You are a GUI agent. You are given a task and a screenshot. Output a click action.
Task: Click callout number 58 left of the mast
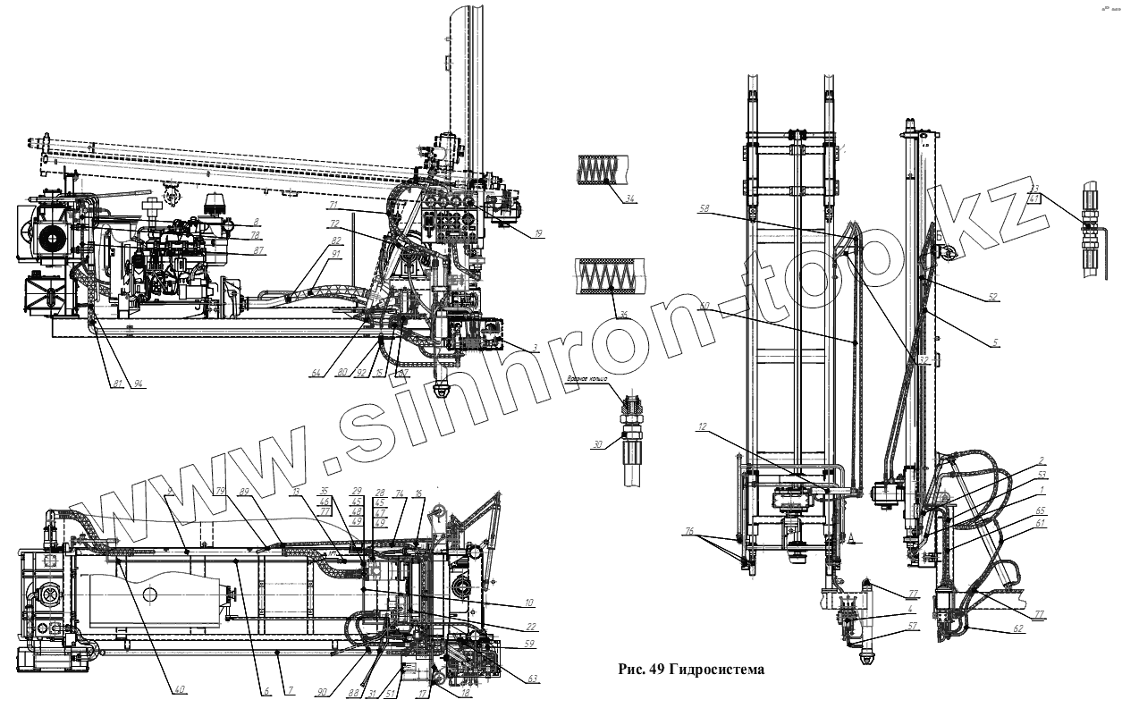(706, 211)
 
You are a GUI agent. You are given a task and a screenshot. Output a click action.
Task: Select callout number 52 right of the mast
(992, 297)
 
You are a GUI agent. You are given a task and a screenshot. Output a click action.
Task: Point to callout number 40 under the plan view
(180, 689)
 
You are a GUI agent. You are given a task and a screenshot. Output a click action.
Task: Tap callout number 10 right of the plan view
(529, 602)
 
